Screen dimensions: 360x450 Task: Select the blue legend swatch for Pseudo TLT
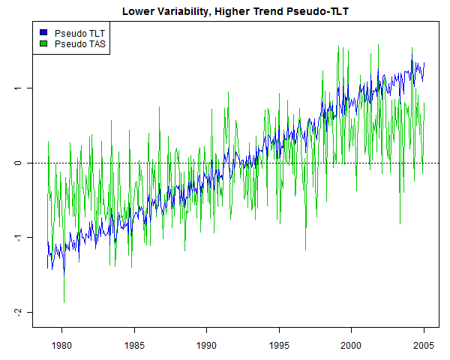pos(43,34)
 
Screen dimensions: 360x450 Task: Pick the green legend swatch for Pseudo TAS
pos(43,44)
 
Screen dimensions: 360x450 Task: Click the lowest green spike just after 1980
pos(64,301)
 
